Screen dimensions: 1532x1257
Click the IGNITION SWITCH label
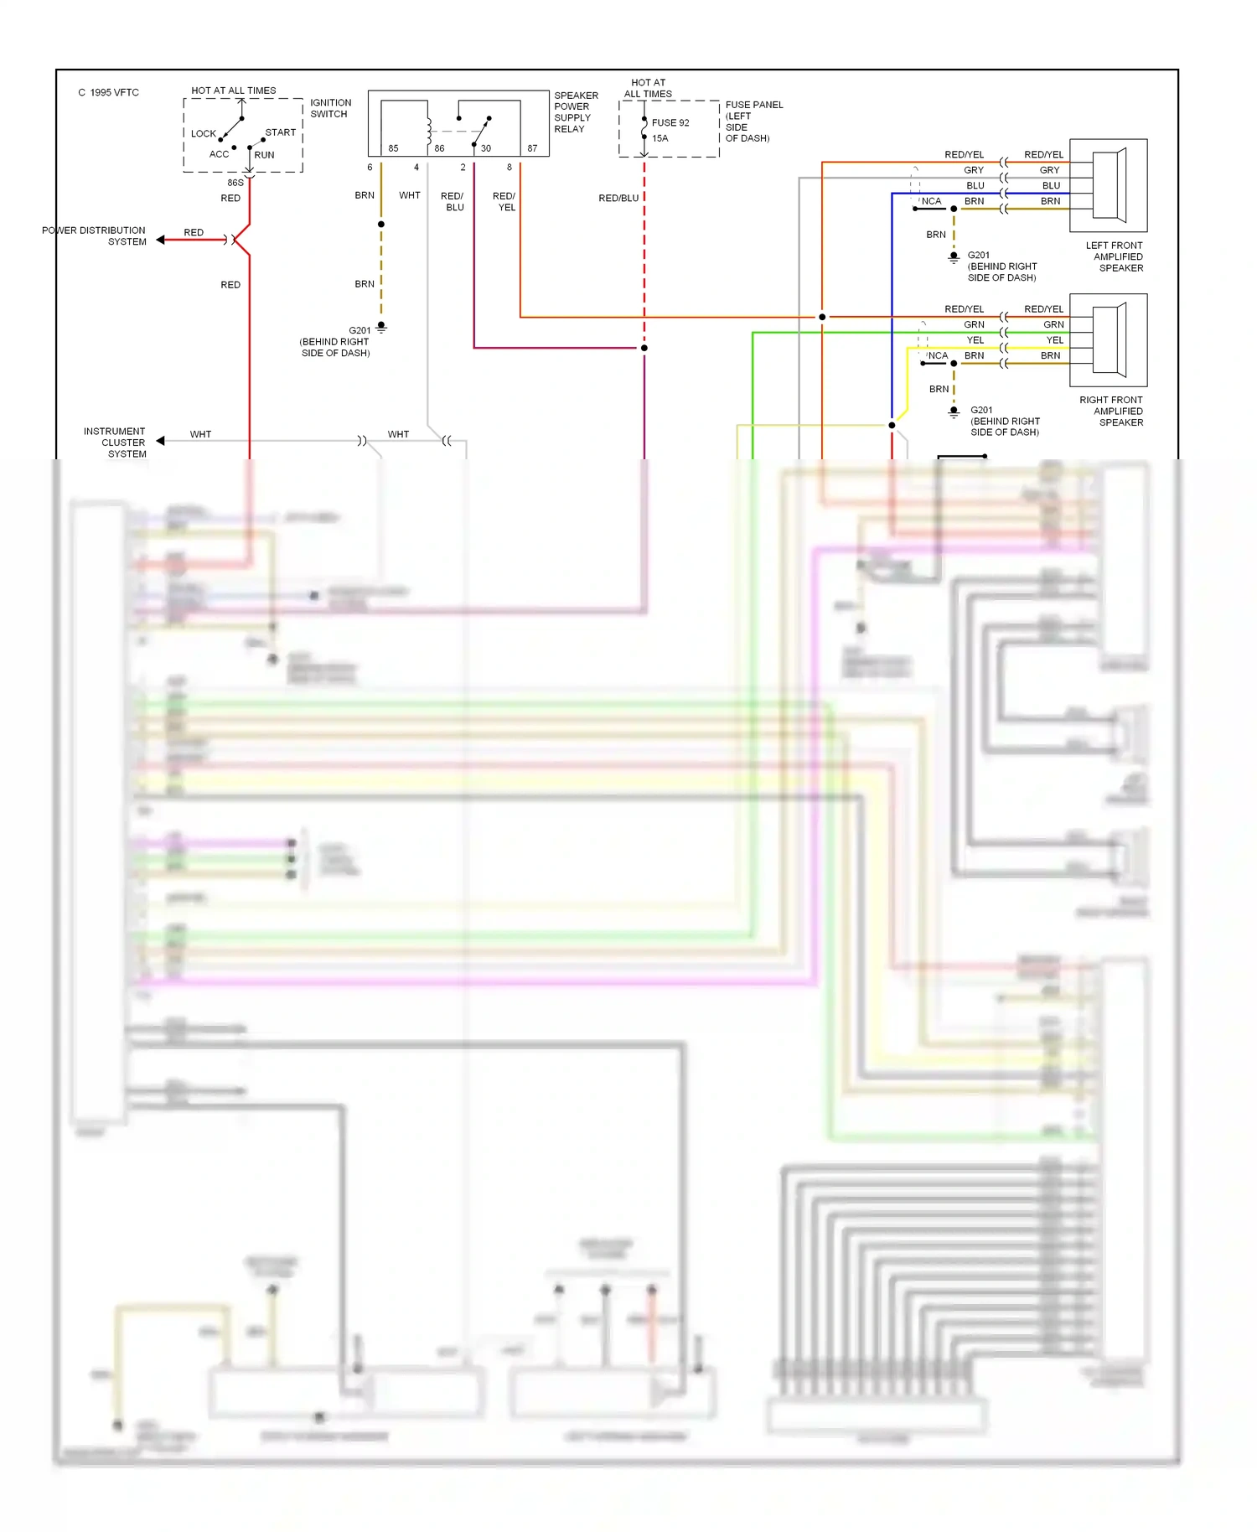click(x=330, y=108)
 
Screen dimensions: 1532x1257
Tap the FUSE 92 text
click(x=670, y=122)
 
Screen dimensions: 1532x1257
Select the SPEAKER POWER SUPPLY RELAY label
click(x=576, y=112)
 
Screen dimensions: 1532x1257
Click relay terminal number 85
click(x=393, y=148)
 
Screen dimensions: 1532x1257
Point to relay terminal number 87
click(x=532, y=148)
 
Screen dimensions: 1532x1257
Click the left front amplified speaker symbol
click(x=1109, y=185)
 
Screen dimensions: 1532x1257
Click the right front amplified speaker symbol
click(x=1109, y=339)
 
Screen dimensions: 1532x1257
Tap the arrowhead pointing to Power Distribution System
click(x=160, y=240)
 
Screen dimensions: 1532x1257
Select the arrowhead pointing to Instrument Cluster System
click(x=160, y=441)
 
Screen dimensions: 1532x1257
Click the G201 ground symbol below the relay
click(x=381, y=327)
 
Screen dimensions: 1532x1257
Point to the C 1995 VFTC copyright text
click(x=109, y=92)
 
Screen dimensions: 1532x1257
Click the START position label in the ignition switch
click(x=280, y=132)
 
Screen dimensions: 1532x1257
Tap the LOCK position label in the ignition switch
click(x=203, y=133)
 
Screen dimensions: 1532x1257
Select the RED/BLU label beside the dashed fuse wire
click(x=618, y=198)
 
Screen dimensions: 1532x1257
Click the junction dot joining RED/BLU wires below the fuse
click(x=644, y=348)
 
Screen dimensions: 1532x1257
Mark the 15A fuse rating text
click(x=660, y=138)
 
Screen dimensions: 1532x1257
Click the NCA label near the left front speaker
click(x=931, y=201)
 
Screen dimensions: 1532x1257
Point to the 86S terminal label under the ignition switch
click(x=235, y=183)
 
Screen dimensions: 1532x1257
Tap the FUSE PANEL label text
click(x=754, y=105)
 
